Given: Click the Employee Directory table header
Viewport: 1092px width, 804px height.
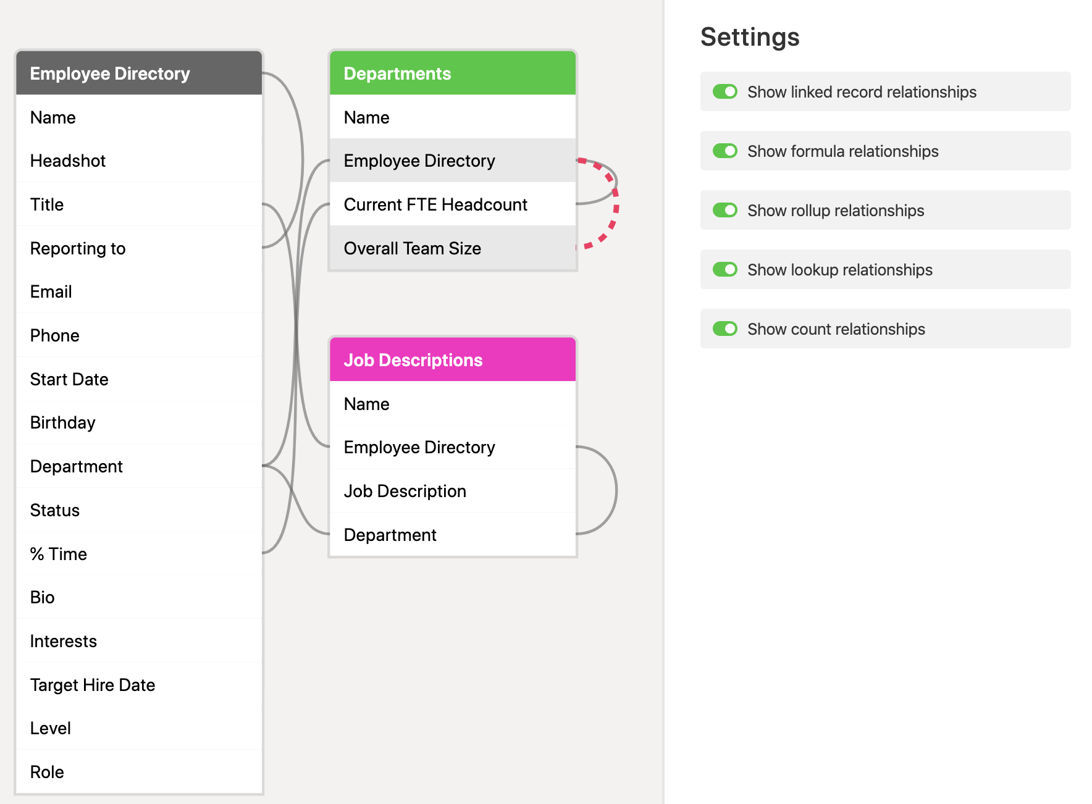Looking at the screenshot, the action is point(139,73).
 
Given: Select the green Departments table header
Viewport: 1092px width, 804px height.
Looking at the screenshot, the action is point(453,73).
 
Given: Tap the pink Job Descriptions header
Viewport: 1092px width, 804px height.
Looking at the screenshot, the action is point(453,359).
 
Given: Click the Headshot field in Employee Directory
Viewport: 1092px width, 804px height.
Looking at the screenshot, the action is point(139,161).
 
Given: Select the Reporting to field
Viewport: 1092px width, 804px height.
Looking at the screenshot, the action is point(139,248).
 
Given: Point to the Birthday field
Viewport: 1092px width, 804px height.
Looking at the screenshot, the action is point(139,422).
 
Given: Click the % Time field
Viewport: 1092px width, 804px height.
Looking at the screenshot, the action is point(139,553).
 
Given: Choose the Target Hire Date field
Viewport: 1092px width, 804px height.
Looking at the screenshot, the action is point(139,684).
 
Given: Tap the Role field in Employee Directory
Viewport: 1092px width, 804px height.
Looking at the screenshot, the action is point(139,772).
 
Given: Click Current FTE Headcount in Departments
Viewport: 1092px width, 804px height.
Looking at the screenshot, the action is point(453,204).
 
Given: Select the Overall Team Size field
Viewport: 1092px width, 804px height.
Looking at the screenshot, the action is point(453,248).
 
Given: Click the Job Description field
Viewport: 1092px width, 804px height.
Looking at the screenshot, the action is point(453,491).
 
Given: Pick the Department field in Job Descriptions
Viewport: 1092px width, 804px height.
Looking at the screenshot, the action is point(453,535).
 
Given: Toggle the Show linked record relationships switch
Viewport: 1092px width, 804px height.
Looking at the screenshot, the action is point(725,91).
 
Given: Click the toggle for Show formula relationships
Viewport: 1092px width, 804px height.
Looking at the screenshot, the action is point(725,151).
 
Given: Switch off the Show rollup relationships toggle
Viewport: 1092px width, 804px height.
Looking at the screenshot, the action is point(725,210).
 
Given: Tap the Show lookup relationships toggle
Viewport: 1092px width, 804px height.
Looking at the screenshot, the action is point(725,269).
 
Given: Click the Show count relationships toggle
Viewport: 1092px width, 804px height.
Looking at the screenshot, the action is point(725,329).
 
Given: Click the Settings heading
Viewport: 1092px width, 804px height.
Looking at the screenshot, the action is point(750,37).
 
